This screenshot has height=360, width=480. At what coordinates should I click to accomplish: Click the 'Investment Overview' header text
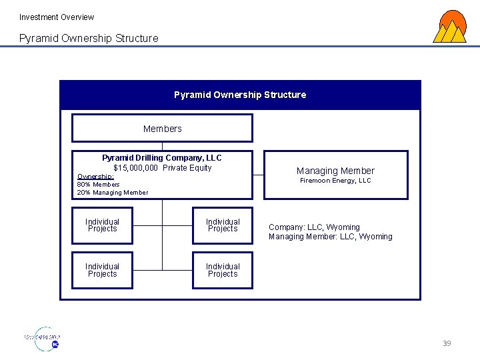click(57, 17)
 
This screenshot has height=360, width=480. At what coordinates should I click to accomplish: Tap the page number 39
click(447, 343)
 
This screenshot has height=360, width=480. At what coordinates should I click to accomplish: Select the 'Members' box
click(162, 129)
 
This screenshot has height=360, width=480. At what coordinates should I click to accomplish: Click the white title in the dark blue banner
click(240, 95)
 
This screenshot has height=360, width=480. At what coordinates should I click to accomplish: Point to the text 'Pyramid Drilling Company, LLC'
click(162, 158)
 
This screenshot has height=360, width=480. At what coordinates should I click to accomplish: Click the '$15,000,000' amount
click(136, 168)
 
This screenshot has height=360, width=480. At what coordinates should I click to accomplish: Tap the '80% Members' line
click(99, 185)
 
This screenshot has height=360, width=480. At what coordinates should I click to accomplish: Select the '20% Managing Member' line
click(113, 193)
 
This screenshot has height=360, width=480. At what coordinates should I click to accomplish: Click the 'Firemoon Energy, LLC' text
click(335, 181)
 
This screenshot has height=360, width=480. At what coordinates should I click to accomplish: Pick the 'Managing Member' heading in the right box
click(335, 171)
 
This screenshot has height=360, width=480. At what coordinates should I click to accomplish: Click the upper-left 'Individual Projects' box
click(103, 225)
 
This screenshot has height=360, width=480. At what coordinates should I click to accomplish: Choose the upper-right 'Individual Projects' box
click(223, 225)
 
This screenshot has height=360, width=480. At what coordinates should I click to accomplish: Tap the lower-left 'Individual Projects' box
click(103, 270)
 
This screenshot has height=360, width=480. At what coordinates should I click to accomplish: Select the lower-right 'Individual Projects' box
click(223, 270)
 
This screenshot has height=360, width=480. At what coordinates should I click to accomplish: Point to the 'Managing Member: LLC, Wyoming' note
click(330, 237)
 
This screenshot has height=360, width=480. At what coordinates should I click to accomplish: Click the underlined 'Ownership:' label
click(95, 177)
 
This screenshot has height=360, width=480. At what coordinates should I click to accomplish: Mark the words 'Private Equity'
click(187, 168)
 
